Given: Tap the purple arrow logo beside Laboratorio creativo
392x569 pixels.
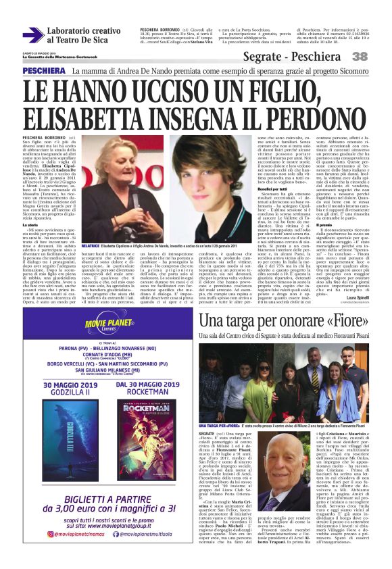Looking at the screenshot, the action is [x=32, y=35].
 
